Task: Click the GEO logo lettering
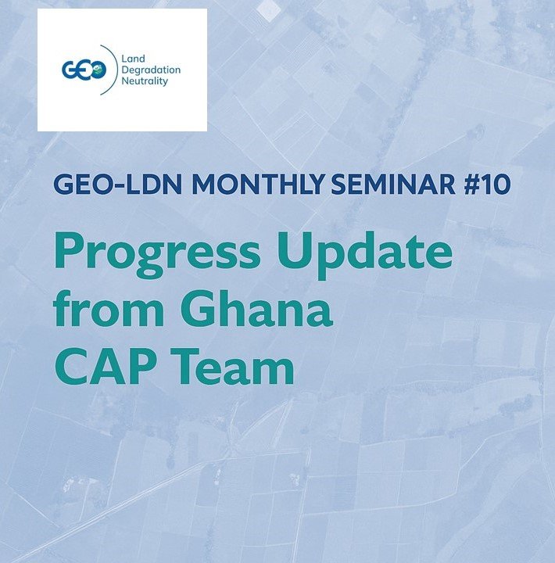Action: tap(84, 70)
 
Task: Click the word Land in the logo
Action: tap(133, 59)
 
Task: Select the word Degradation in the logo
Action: tap(151, 70)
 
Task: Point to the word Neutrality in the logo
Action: tap(145, 81)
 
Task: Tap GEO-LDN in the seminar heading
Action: tap(118, 185)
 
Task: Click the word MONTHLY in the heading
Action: tap(259, 185)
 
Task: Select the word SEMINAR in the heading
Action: tap(392, 185)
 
